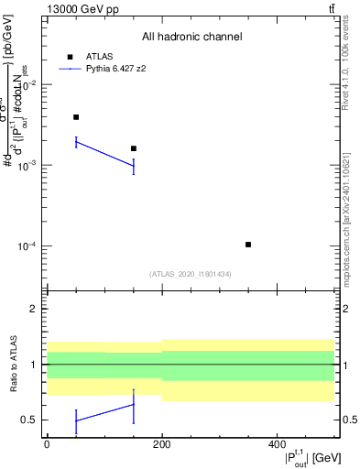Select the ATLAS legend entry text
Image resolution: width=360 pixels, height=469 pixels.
(99, 56)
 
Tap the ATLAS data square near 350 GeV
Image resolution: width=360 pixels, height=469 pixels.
(248, 245)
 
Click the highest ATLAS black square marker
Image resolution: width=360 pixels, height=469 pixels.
(76, 117)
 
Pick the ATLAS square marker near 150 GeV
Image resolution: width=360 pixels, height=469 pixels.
(134, 148)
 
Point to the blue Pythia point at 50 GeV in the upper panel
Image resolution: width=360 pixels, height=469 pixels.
(76, 142)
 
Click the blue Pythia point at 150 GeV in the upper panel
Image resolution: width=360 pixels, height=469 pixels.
(134, 165)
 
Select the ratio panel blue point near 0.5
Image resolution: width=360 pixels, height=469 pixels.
(76, 420)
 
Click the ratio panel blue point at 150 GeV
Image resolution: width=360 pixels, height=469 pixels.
(134, 405)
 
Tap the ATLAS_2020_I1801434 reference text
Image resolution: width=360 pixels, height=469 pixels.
(191, 274)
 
